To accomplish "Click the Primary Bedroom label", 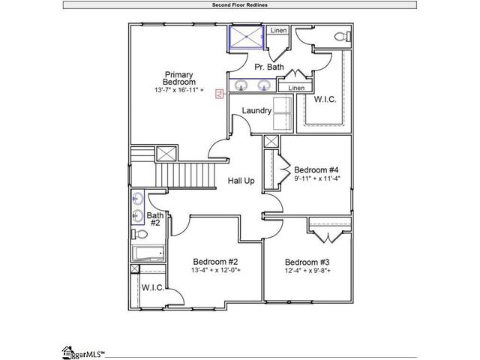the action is pyautogui.click(x=179, y=78).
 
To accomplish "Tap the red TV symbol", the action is pyautogui.click(x=219, y=94).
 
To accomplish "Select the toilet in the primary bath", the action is pyautogui.click(x=343, y=37).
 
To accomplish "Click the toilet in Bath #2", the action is pyautogui.click(x=139, y=234).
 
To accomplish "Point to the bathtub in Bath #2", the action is pyautogui.click(x=148, y=253).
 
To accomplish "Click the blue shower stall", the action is pyautogui.click(x=247, y=37).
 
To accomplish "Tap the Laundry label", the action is pyautogui.click(x=256, y=110).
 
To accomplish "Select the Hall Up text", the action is pyautogui.click(x=241, y=181).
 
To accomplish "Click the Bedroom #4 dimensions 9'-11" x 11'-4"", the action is pyautogui.click(x=317, y=178).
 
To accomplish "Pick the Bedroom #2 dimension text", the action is pyautogui.click(x=216, y=270).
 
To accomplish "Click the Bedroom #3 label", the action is pyautogui.click(x=307, y=262).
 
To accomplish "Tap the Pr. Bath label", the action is pyautogui.click(x=269, y=67).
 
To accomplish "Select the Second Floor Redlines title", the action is pyautogui.click(x=240, y=5).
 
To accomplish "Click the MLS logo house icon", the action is pyautogui.click(x=67, y=352).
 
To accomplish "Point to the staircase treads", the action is pyautogui.click(x=185, y=175).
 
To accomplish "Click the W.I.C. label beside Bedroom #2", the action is pyautogui.click(x=153, y=288).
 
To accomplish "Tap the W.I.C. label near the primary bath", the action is pyautogui.click(x=325, y=99).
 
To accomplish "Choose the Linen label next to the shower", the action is pyautogui.click(x=278, y=30).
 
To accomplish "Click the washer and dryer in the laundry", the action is pyautogui.click(x=283, y=113).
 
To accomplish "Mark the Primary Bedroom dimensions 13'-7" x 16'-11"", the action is pyautogui.click(x=179, y=90).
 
